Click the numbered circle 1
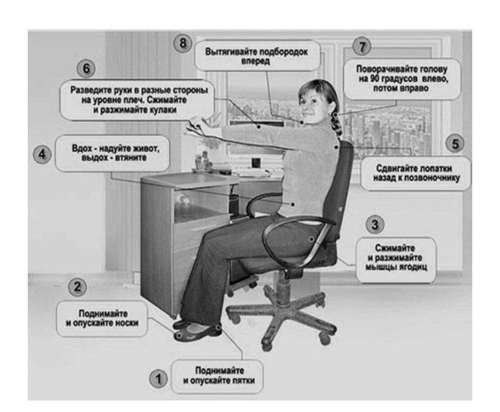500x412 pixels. [158, 379]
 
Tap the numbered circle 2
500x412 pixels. [77, 287]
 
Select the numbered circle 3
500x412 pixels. [375, 224]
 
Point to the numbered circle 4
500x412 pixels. [42, 154]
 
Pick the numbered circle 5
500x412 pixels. [455, 143]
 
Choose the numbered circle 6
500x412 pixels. [86, 69]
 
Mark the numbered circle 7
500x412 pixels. [362, 47]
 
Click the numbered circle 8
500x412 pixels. [182, 43]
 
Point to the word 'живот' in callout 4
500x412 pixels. [144, 149]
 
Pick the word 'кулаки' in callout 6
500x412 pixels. [161, 110]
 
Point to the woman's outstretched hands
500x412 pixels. [197, 123]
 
